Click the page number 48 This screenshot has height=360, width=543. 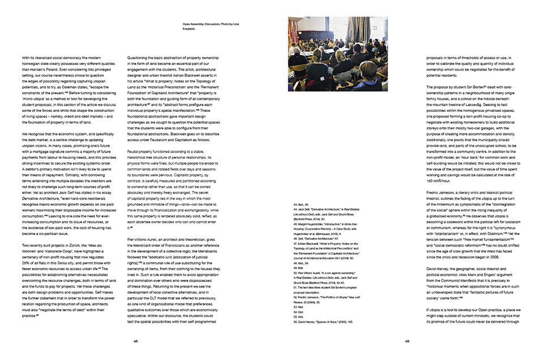pos(136,341)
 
